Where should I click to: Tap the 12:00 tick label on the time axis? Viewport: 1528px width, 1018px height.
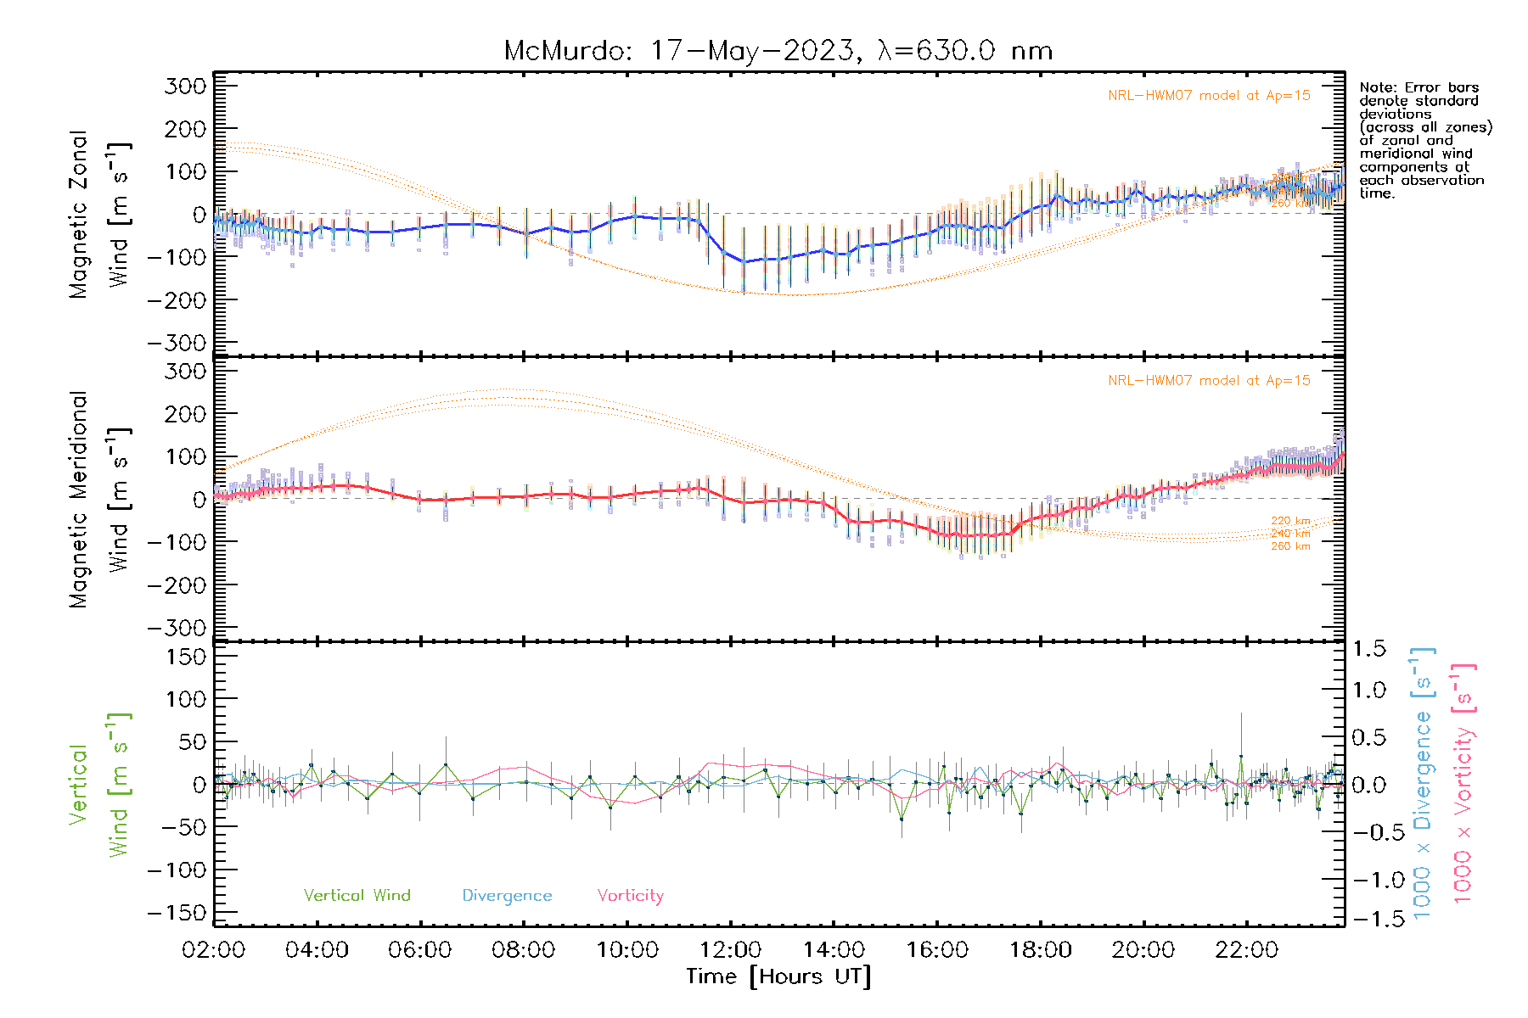[x=730, y=950]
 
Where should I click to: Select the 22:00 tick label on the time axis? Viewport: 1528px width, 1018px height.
[x=1246, y=950]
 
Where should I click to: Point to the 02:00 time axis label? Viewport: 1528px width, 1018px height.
[x=214, y=950]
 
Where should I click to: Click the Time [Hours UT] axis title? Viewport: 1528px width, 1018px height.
[x=778, y=976]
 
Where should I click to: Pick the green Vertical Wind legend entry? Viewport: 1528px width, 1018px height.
[x=357, y=895]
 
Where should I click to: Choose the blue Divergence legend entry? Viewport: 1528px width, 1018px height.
[x=507, y=895]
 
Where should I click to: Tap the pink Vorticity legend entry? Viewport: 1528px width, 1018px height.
[x=630, y=895]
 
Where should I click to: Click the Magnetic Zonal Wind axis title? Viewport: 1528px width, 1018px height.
[x=100, y=214]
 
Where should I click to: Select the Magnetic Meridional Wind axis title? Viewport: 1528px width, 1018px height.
[x=100, y=499]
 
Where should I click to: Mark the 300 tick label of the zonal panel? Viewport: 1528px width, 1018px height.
[x=185, y=86]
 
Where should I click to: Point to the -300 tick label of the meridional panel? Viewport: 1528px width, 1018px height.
[x=177, y=628]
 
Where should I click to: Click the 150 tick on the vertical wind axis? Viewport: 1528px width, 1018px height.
[x=185, y=657]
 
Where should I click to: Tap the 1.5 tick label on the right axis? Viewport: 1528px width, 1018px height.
[x=1369, y=649]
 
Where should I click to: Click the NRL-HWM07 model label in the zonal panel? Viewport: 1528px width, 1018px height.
[x=1209, y=95]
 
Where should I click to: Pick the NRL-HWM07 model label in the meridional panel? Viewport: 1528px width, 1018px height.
[x=1209, y=380]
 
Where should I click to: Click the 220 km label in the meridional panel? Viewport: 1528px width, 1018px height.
[x=1290, y=521]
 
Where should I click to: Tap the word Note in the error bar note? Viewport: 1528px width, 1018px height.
[x=1375, y=87]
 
